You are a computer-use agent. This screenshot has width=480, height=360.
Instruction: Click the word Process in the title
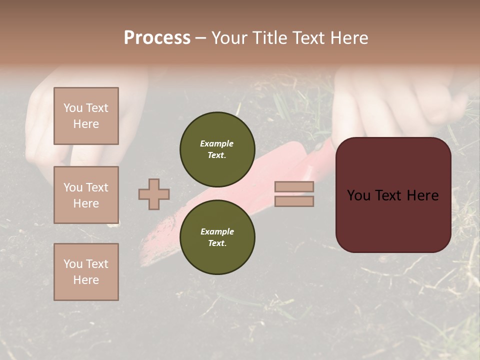click(x=157, y=38)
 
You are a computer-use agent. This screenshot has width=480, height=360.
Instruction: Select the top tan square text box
click(x=86, y=116)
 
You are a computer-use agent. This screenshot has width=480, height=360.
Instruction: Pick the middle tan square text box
click(x=86, y=195)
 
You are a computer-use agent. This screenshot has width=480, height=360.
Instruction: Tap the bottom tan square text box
click(x=86, y=272)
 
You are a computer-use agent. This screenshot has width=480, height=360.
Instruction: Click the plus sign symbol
click(x=154, y=194)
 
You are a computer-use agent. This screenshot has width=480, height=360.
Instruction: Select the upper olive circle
click(x=217, y=149)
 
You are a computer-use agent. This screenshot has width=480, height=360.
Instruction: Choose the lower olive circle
click(x=217, y=237)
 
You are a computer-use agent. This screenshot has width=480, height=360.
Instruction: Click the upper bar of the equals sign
click(x=294, y=186)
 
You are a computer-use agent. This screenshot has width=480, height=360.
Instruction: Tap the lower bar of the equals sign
click(x=294, y=201)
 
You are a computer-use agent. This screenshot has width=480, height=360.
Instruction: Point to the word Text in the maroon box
click(x=393, y=195)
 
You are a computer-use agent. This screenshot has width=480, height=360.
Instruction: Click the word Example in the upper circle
click(x=216, y=143)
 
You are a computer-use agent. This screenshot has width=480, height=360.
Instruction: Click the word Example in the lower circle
click(x=217, y=231)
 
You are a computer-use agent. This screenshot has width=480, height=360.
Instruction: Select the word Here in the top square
click(x=86, y=124)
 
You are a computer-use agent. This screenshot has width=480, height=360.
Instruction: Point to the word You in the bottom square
click(x=73, y=264)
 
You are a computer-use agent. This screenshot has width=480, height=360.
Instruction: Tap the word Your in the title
click(x=229, y=38)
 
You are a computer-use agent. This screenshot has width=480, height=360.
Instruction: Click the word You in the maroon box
click(x=358, y=195)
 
